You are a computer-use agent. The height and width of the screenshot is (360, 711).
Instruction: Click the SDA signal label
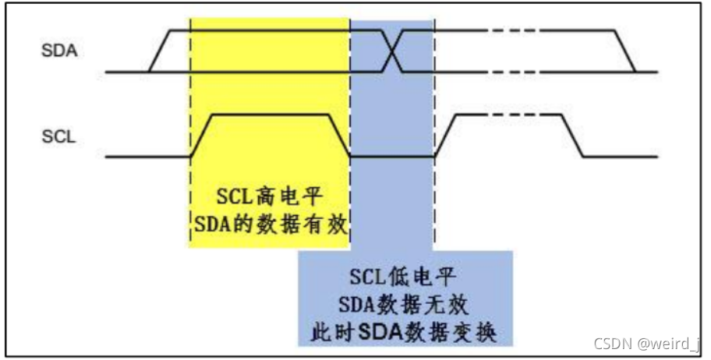(x=59, y=51)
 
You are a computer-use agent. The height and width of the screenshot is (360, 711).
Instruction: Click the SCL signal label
(x=58, y=136)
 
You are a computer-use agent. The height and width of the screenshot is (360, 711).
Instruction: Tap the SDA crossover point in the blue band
(x=392, y=51)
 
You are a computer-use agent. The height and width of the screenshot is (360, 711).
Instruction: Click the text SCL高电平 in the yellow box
(x=269, y=197)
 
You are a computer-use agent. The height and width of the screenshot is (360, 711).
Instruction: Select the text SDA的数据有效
(x=271, y=224)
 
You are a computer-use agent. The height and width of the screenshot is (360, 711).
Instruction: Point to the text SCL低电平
(x=402, y=277)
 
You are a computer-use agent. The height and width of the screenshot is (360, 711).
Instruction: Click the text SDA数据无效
(x=403, y=305)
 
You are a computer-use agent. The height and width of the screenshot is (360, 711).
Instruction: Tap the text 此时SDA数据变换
(x=404, y=333)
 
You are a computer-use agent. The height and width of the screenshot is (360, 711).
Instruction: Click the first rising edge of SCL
(x=201, y=136)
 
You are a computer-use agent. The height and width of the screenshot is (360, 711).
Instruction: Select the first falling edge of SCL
(x=339, y=136)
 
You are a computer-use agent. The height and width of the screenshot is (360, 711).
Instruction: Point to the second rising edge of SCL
(x=445, y=136)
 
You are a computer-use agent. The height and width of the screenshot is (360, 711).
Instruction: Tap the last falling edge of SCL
(x=573, y=136)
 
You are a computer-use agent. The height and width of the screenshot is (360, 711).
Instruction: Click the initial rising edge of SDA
(x=160, y=51)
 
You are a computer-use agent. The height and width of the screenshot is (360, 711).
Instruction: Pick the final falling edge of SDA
(x=624, y=51)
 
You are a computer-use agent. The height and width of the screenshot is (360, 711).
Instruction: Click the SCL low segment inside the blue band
(x=392, y=157)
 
